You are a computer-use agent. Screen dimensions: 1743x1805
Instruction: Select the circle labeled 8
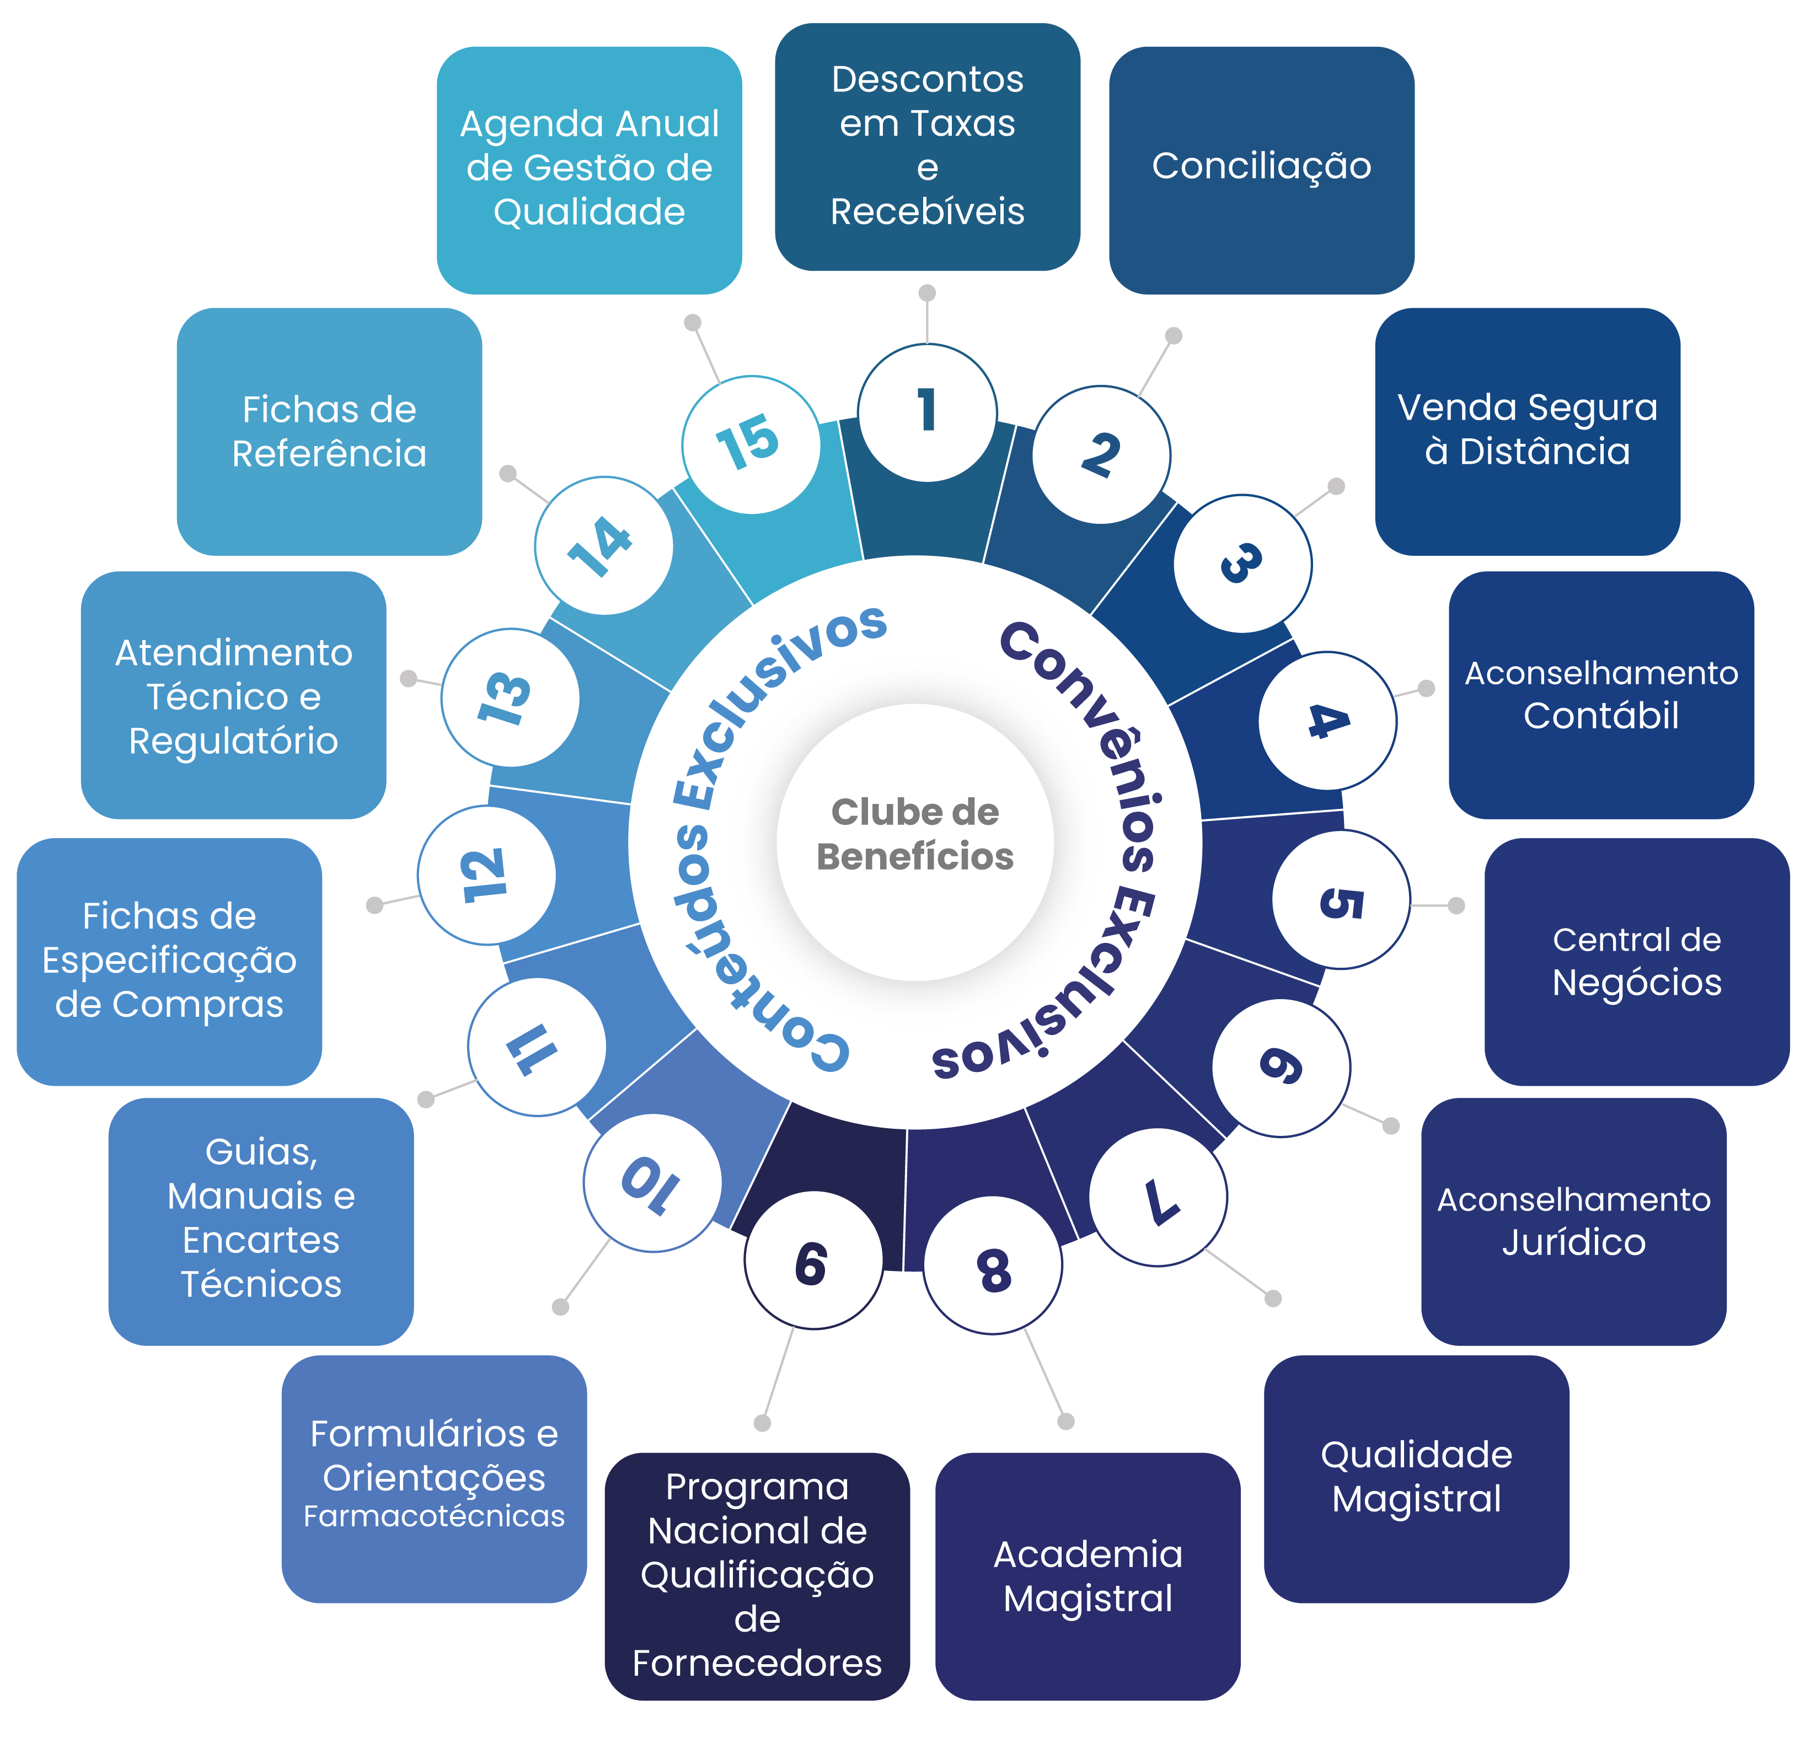(993, 1264)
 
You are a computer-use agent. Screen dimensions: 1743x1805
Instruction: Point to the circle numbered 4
(1327, 720)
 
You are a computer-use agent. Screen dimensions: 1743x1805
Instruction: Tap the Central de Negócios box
(1636, 961)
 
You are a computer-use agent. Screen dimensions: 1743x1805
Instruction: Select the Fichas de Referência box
(329, 431)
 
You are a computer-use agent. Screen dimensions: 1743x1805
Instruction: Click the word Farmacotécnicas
(434, 1516)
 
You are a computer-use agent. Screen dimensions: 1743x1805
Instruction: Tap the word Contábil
(1600, 715)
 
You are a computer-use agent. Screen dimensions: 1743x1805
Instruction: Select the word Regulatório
(233, 741)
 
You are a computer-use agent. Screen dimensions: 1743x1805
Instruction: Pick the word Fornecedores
(757, 1662)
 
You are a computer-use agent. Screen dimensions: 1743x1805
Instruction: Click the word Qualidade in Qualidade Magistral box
(1416, 1455)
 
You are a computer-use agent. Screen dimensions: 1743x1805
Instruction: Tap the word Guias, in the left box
(261, 1152)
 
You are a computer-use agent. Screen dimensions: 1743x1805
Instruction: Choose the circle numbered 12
(486, 874)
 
